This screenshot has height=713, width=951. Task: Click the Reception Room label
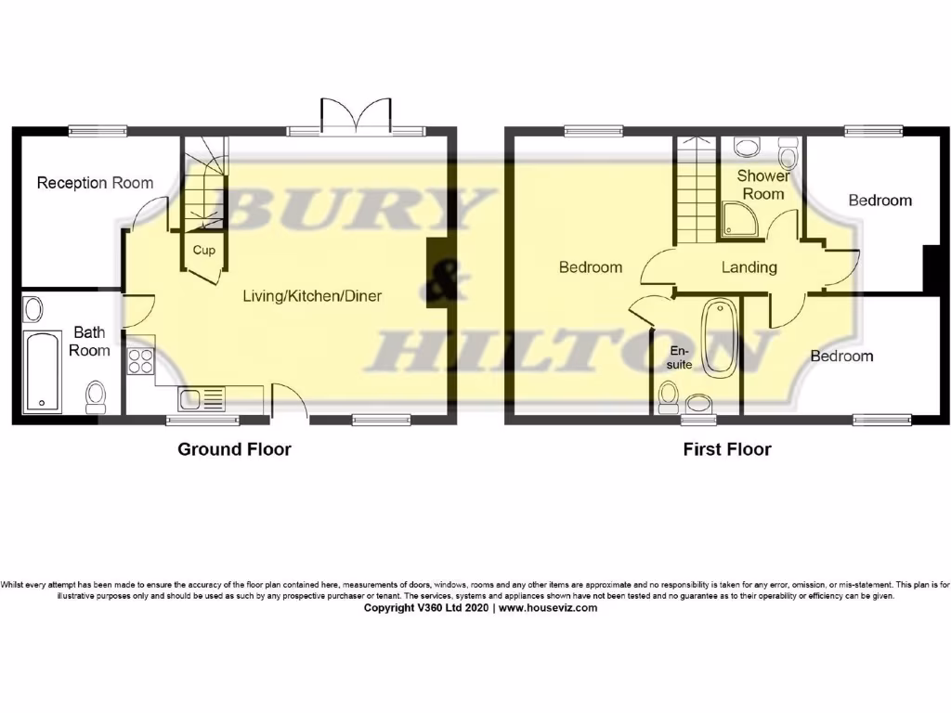[x=95, y=183]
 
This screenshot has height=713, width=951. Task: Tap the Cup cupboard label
[x=204, y=250]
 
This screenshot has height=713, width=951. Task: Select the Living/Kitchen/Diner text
[x=312, y=297]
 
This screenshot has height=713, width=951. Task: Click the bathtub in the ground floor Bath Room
[x=43, y=371]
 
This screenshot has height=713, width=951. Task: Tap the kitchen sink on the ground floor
[x=200, y=399]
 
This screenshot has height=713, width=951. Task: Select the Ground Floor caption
[x=234, y=450]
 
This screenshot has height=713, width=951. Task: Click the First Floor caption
[x=727, y=450]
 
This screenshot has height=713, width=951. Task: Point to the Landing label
[x=749, y=267]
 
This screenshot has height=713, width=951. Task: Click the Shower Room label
[x=762, y=185]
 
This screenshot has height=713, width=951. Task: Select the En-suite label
[x=682, y=359]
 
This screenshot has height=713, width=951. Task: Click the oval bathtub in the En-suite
[x=718, y=338]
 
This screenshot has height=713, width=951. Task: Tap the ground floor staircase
[x=203, y=186]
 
